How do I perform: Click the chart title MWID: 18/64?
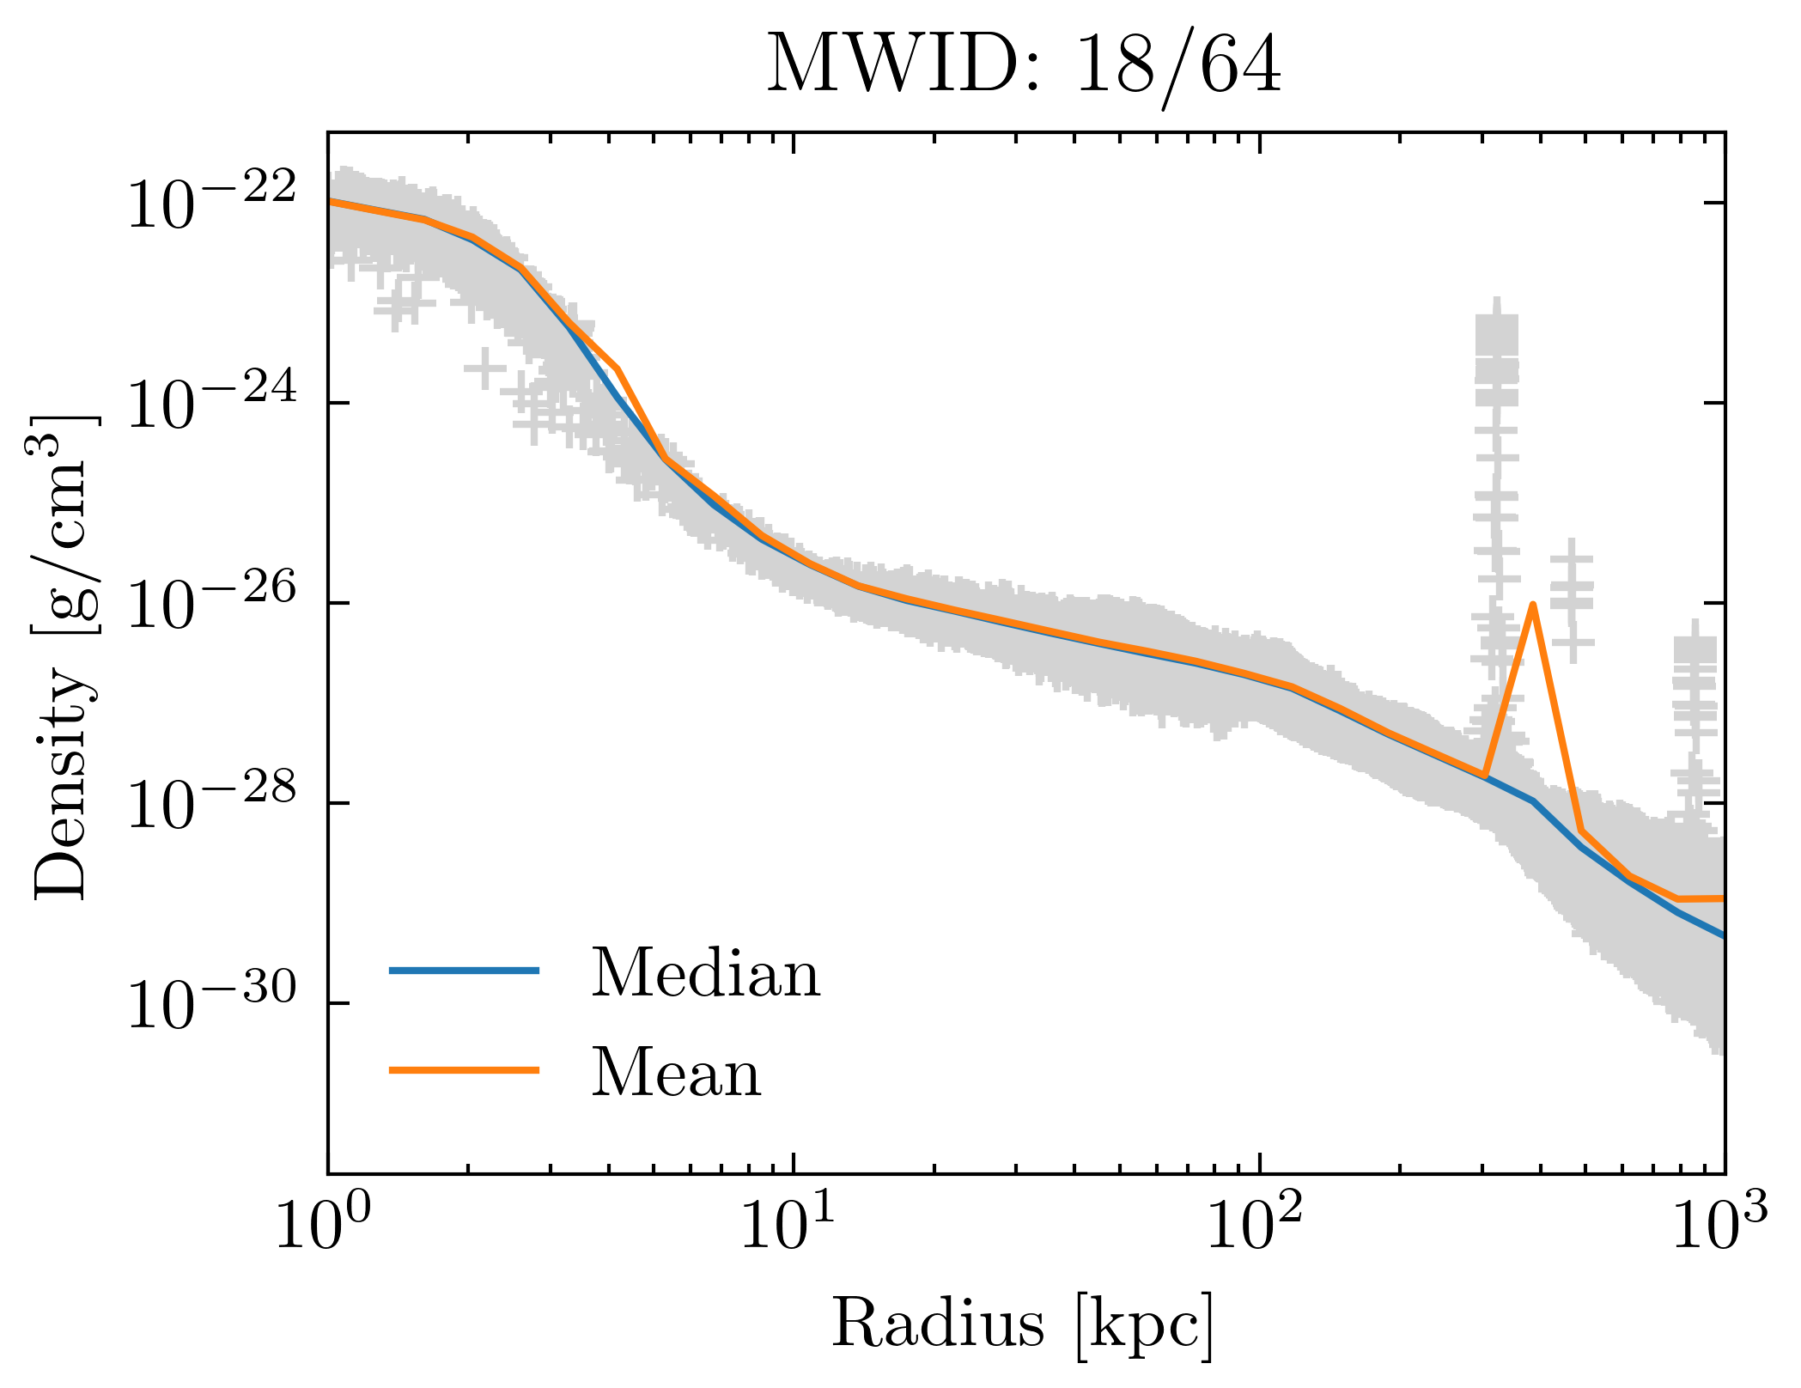pyautogui.click(x=1023, y=67)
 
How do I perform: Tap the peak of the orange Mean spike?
pyautogui.click(x=1532, y=605)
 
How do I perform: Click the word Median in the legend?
pyautogui.click(x=705, y=974)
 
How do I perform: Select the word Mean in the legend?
pyautogui.click(x=676, y=1074)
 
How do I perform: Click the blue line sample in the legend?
pyautogui.click(x=464, y=971)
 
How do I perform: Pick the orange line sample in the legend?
pyautogui.click(x=464, y=1070)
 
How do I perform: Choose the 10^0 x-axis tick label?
pyautogui.click(x=323, y=1226)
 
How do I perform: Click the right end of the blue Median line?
pyautogui.click(x=1722, y=934)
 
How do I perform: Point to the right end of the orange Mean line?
pyautogui.click(x=1722, y=898)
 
